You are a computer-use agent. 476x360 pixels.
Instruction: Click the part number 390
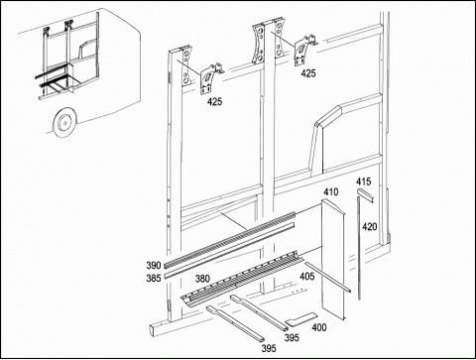pos(154,266)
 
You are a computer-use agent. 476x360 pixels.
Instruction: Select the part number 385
pos(154,279)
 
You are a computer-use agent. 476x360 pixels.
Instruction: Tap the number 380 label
pos(202,279)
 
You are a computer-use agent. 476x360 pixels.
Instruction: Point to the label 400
pos(319,327)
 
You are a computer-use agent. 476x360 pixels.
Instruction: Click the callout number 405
pos(307,276)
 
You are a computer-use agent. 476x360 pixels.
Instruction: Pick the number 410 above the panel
pos(331,192)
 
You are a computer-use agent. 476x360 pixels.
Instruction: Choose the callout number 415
pos(363,181)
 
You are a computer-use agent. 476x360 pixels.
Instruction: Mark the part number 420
pos(370,227)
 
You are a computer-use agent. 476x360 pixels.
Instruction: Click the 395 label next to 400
pos(292,338)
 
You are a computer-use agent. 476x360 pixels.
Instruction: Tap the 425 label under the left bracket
pos(215,102)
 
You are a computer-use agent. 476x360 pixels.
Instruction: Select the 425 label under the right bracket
pos(308,73)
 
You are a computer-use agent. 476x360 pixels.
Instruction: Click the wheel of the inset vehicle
pos(64,123)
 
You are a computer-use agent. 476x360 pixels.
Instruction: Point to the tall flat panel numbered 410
pos(333,260)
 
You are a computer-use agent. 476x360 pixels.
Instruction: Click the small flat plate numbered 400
pos(300,319)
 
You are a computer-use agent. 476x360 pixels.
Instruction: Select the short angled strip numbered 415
pos(366,195)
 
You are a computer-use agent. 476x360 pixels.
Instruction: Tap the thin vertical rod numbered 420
pos(358,248)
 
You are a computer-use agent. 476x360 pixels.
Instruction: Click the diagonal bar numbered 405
pos(327,277)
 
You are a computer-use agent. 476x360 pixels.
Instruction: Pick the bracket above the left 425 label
pos(211,78)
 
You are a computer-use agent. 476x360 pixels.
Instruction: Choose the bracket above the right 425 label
pos(304,50)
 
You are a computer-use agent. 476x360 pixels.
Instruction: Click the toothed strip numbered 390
pos(229,240)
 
